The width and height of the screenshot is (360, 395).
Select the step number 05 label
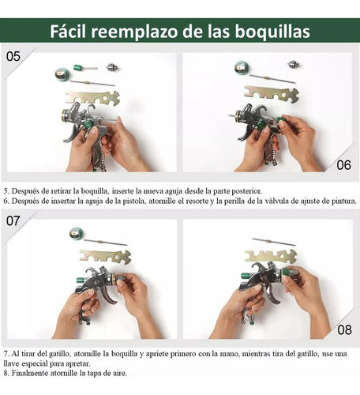(x=13, y=56)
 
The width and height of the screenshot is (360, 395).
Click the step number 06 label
(x=343, y=164)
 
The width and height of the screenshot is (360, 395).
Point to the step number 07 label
(x=13, y=222)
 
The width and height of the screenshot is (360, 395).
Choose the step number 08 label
(x=343, y=330)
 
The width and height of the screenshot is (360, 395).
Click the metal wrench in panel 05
(x=92, y=98)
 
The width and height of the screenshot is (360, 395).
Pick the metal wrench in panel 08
(x=271, y=256)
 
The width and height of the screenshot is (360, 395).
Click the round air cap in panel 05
(x=61, y=74)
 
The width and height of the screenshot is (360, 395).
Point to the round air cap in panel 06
(x=241, y=68)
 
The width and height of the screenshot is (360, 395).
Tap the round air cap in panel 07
(x=76, y=233)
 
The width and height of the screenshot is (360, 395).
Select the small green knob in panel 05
(x=80, y=68)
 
